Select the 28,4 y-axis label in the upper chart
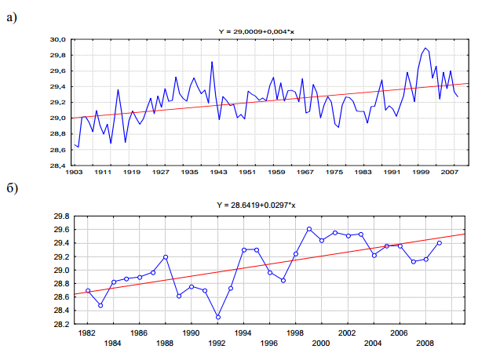(57, 166)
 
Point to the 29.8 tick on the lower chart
(60, 216)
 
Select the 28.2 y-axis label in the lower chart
(60, 325)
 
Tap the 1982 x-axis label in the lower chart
(87, 333)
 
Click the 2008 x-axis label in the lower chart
(425, 343)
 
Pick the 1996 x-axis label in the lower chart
(269, 343)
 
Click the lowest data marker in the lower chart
(218, 317)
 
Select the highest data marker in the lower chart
(309, 229)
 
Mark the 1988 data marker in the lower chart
(166, 257)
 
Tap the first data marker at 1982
(88, 290)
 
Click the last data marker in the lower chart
(440, 243)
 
